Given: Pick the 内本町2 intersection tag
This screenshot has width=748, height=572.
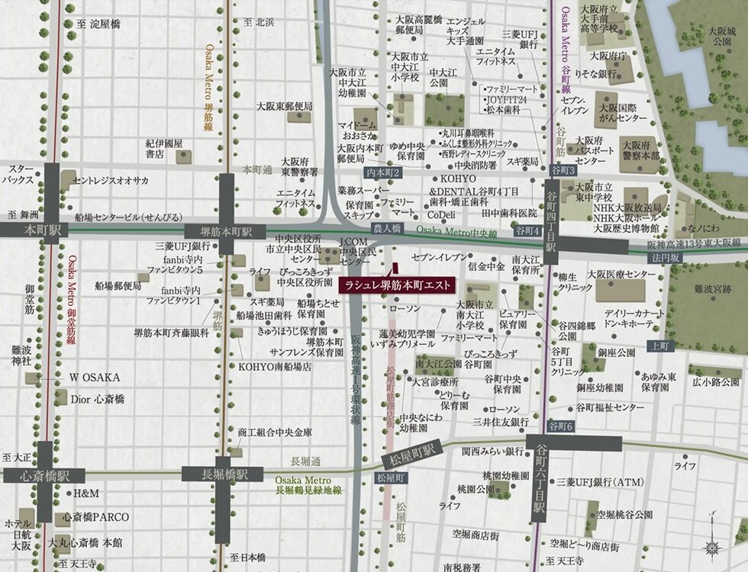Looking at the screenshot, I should [x=383, y=173].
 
